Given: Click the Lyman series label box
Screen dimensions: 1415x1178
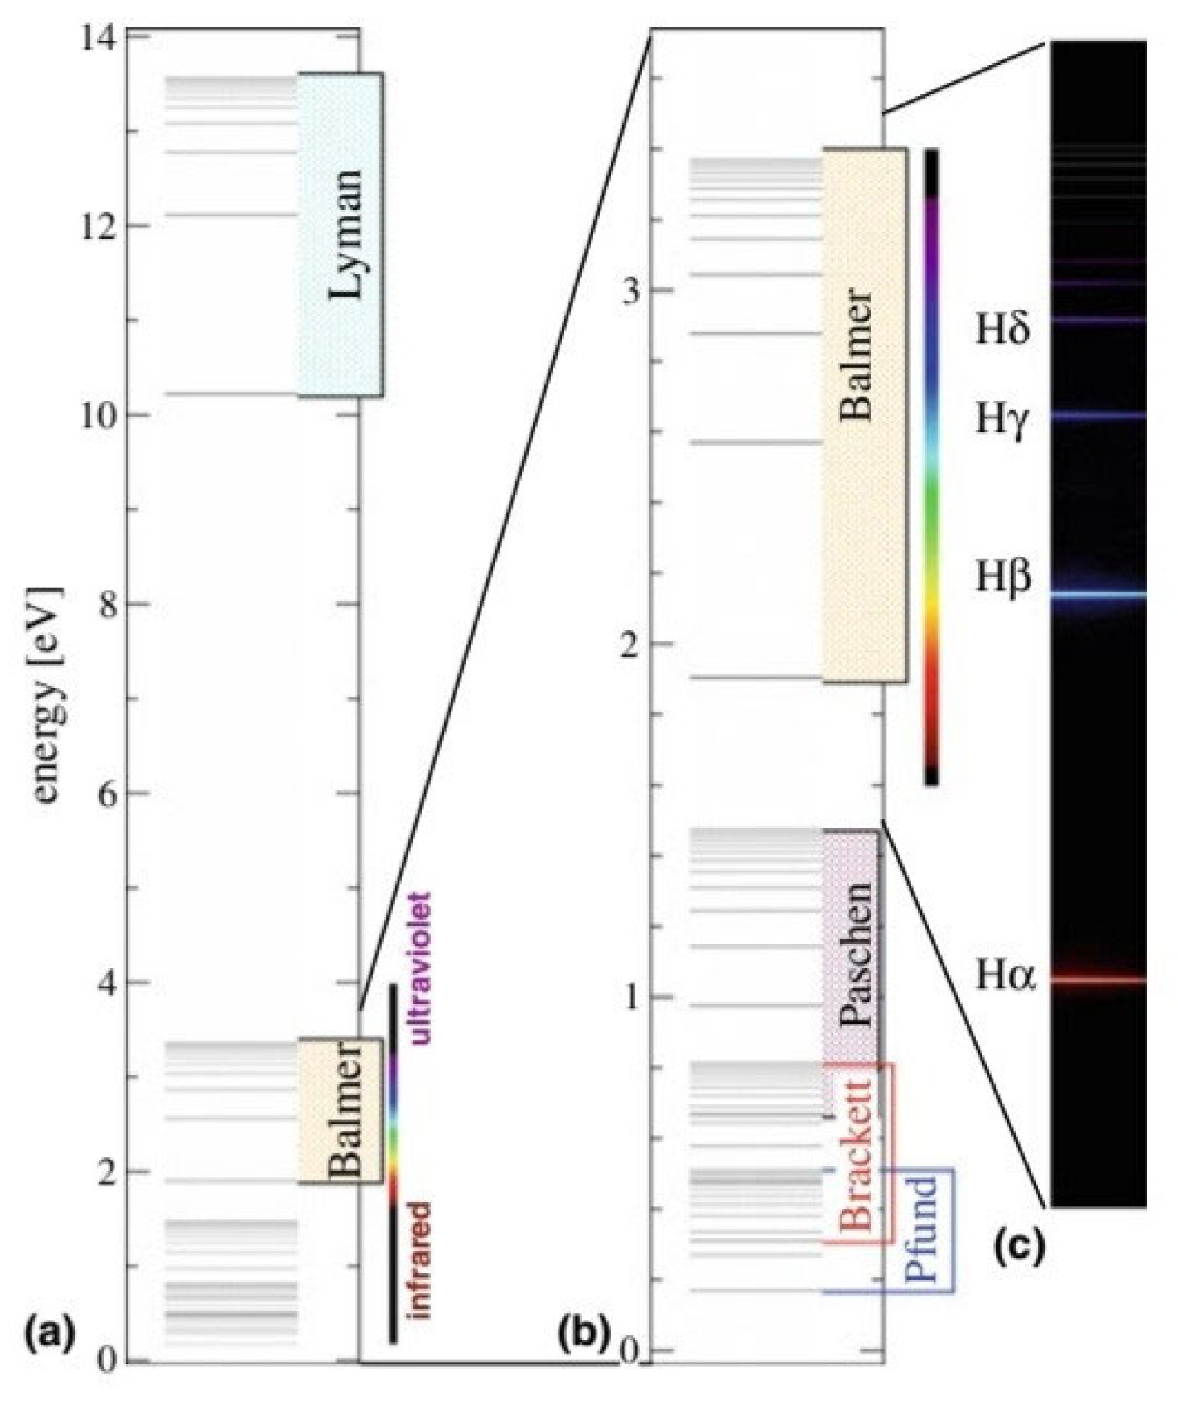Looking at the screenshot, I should (341, 234).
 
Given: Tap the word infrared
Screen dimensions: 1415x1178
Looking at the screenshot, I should (420, 1259).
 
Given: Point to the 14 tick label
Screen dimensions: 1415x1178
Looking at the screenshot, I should (99, 37).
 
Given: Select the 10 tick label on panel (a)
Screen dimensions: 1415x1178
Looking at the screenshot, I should (99, 415).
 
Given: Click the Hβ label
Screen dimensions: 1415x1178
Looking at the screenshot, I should (1002, 577).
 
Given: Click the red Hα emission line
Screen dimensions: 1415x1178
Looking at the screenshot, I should (1098, 980).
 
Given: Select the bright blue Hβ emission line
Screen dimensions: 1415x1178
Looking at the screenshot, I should (1098, 594).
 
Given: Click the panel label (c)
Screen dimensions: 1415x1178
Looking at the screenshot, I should (1018, 1248).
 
